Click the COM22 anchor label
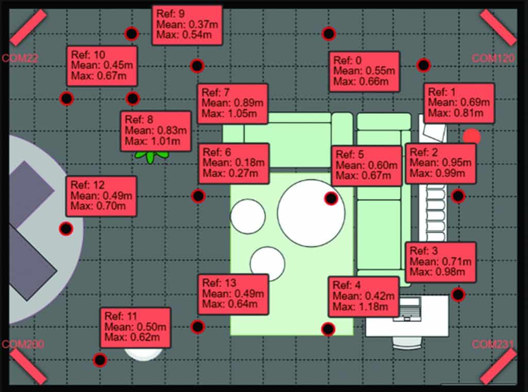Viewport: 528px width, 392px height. coord(20,58)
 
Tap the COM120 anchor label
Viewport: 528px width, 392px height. coord(493,58)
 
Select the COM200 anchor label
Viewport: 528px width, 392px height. coord(23,344)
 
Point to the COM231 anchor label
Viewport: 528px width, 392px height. coord(493,344)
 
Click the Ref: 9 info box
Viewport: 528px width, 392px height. coord(187,25)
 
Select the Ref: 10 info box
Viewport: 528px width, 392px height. coord(102,66)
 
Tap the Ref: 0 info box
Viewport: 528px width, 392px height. coord(365,71)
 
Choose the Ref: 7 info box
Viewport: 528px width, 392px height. coord(233,104)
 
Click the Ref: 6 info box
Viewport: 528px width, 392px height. coord(234,163)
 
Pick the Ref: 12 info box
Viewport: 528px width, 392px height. coord(102,196)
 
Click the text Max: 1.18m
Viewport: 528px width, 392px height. coord(360,306)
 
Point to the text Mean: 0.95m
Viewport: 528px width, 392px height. coord(440,163)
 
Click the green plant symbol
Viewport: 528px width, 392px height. coord(151,156)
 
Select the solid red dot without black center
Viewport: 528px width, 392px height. coord(471,137)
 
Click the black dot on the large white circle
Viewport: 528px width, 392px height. coord(331,198)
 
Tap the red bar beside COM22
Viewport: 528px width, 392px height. coord(28,27)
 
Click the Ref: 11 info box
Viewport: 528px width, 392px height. coord(136,328)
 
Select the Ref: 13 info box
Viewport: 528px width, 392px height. coord(233,295)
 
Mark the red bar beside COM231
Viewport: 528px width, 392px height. coord(499,366)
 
